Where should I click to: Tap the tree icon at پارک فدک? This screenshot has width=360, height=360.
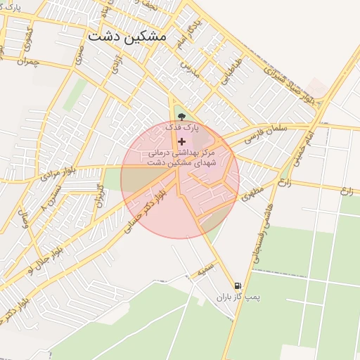click(181, 117)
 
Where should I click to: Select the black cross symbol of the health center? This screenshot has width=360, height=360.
click(181, 141)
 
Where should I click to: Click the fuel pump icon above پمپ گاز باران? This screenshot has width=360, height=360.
click(238, 286)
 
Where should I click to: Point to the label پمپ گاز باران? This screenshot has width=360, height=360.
click(238, 297)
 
